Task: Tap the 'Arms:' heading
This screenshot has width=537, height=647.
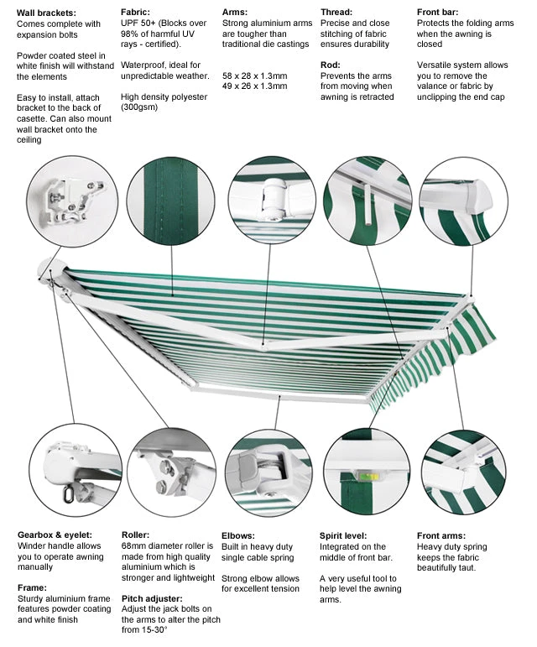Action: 235,13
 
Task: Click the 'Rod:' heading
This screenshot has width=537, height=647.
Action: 331,65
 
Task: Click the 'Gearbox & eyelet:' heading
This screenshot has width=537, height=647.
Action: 55,535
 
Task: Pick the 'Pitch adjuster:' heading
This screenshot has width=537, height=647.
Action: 152,599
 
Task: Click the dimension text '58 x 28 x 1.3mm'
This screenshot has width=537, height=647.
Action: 254,76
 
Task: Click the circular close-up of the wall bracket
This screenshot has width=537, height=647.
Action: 72,201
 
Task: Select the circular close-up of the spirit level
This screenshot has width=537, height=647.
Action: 366,472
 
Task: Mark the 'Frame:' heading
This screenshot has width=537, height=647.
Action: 34,587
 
